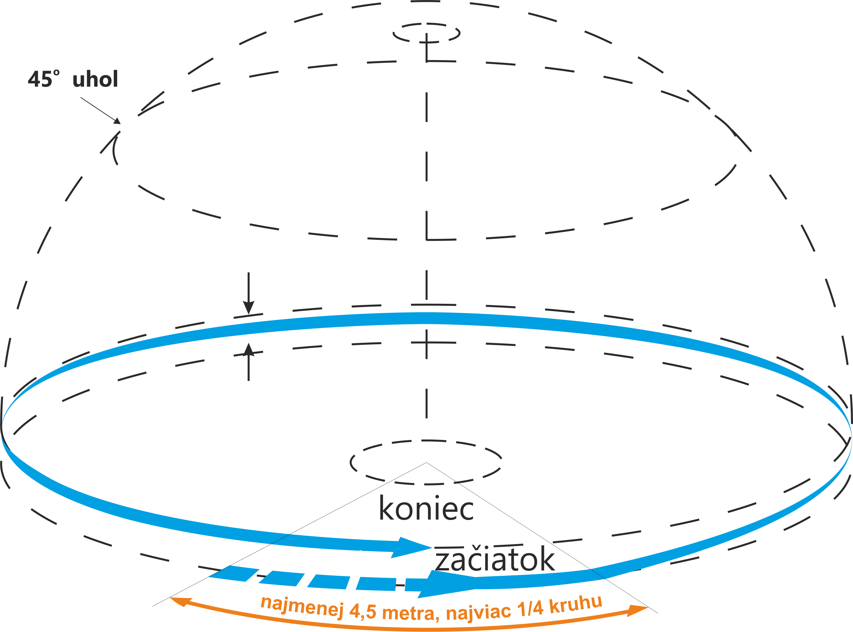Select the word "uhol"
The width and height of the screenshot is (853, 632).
(95, 79)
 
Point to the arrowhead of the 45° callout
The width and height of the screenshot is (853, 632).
(117, 121)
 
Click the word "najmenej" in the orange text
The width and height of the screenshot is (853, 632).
(302, 606)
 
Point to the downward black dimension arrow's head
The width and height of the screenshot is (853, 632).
(248, 307)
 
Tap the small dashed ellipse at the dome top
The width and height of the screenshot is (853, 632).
(426, 33)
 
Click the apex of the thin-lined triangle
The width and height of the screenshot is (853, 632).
(426, 463)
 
